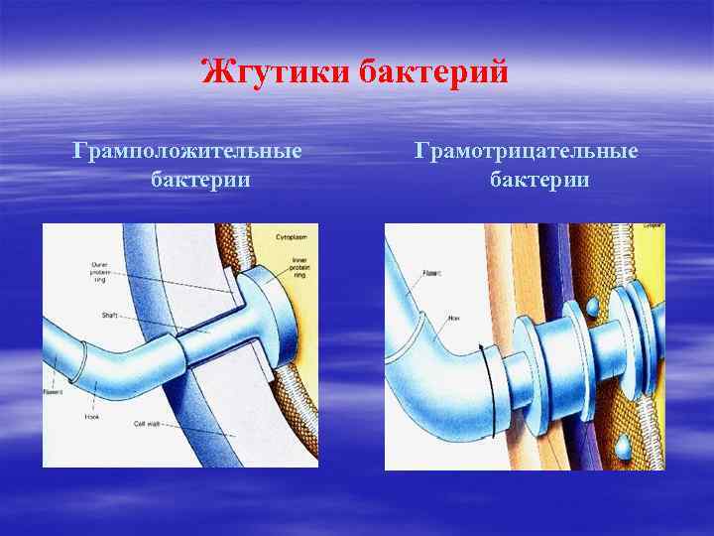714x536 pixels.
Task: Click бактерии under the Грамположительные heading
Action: [x=200, y=181]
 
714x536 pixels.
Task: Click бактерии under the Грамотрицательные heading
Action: [x=539, y=181]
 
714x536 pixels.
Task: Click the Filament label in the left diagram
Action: [x=52, y=391]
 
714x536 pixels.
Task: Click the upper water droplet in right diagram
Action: [x=592, y=307]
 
